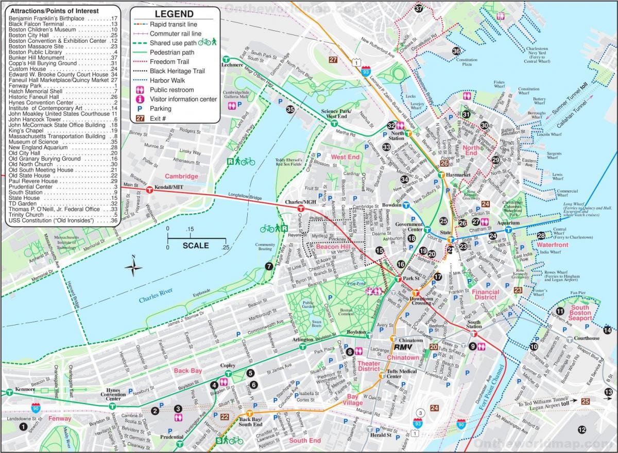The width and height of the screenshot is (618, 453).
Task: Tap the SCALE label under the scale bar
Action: pos(196,246)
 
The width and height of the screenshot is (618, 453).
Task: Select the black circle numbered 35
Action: pos(290,109)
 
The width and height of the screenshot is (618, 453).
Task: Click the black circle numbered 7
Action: pos(269,266)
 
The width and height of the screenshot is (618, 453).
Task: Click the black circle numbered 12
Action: pos(582,430)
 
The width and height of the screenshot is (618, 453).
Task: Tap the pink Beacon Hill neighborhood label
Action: pos(332,248)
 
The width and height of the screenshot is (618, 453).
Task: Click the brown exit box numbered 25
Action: pos(585,402)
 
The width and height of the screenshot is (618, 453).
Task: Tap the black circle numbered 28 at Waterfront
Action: pos(541,236)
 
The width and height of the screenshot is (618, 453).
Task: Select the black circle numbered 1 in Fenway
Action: pos(22,427)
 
